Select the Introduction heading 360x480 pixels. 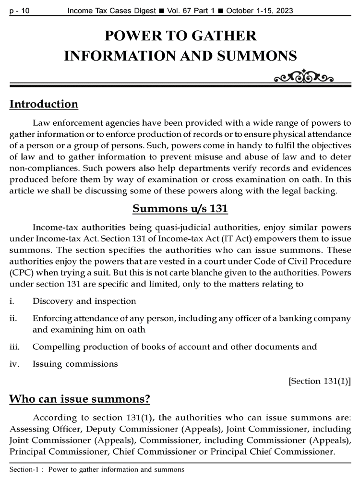click(x=44, y=104)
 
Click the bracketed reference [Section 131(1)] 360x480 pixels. click(x=319, y=381)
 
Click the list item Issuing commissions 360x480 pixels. click(x=75, y=364)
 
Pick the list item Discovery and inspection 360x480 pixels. click(x=84, y=301)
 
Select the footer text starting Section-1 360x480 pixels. click(x=96, y=469)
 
